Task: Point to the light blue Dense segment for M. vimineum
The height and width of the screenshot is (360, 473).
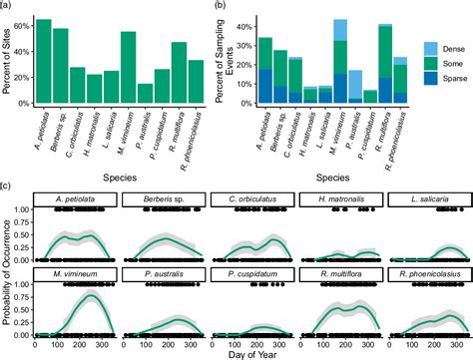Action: [x=340, y=30]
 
